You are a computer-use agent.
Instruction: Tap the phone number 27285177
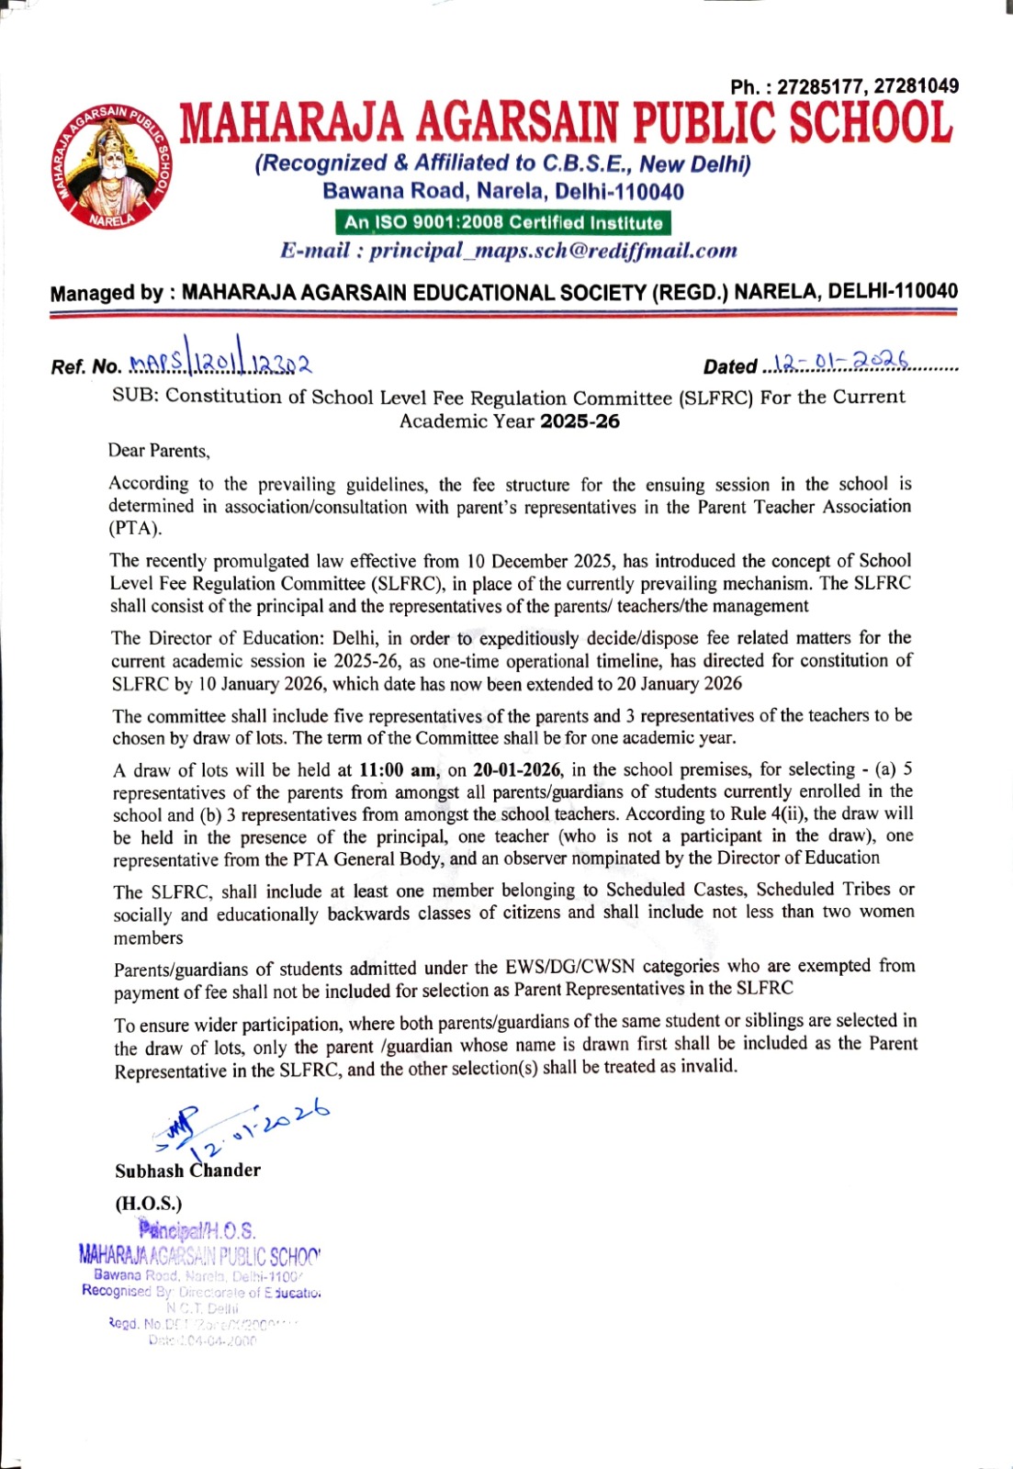pos(821,87)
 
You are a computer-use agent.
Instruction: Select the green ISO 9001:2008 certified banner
pos(503,223)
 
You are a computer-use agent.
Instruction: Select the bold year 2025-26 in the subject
pos(580,422)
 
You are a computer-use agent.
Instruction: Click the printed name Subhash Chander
pos(188,1171)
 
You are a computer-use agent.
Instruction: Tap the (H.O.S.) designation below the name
pos(149,1203)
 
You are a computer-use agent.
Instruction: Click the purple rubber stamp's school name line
pos(199,1255)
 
